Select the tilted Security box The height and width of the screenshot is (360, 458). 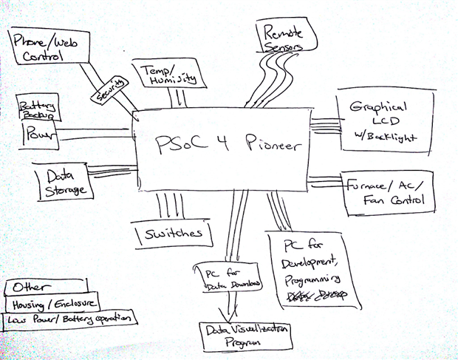coord(110,91)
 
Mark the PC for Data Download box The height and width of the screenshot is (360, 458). coord(226,278)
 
